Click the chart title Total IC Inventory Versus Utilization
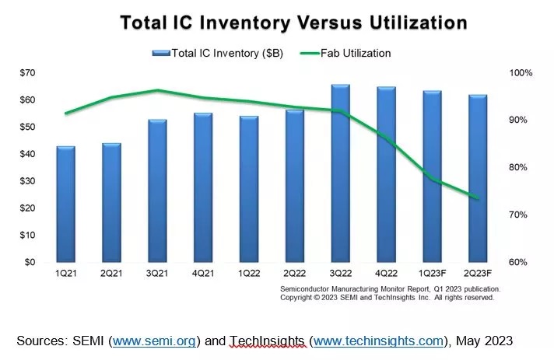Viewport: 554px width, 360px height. tap(293, 22)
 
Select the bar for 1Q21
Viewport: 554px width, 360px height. tap(65, 204)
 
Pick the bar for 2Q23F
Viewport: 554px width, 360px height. tap(478, 178)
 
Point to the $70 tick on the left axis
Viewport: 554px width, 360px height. tap(28, 72)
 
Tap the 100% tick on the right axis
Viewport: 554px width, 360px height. tap(521, 72)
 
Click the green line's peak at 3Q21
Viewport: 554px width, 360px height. tap(157, 90)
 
